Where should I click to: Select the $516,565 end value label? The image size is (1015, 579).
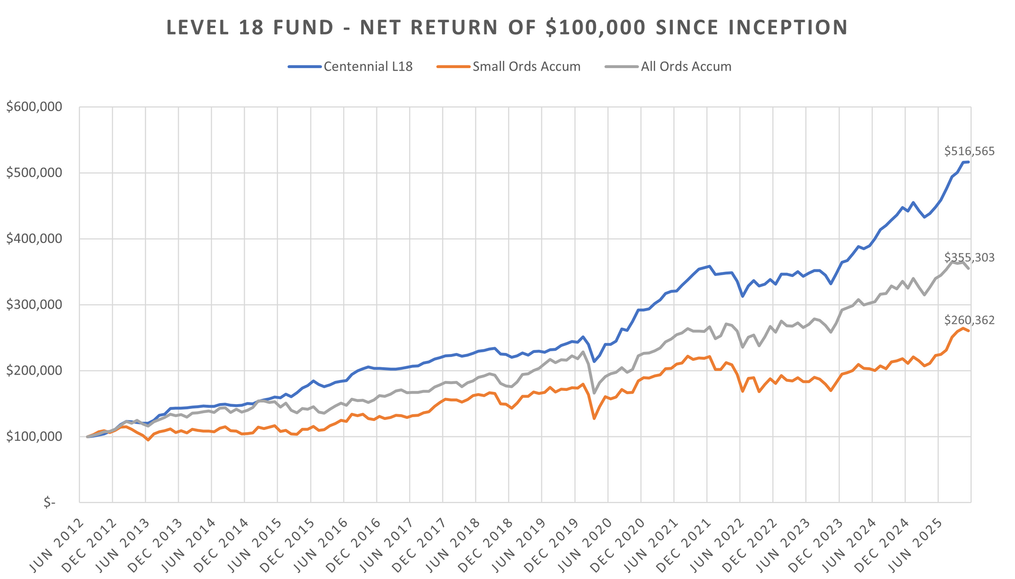pos(969,152)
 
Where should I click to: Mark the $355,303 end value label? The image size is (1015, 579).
pos(969,258)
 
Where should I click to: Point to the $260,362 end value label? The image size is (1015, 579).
pos(969,320)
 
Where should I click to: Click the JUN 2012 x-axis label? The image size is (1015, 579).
pos(58,544)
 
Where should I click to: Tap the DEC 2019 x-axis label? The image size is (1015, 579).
pos(554,544)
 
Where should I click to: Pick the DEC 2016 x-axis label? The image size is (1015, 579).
pos(355,544)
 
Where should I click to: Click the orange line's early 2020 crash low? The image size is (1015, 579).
pos(594,418)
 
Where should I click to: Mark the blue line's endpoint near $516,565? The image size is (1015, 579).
pos(968,162)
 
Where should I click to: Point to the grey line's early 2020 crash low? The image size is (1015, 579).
pos(594,393)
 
